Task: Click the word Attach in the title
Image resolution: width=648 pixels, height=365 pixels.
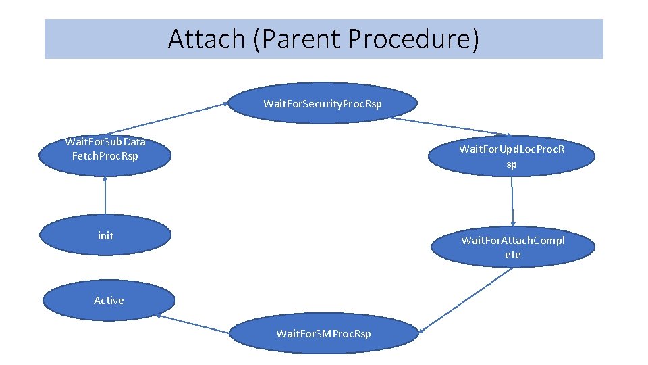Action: [x=206, y=39]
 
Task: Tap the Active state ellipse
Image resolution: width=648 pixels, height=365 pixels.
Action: [x=109, y=301]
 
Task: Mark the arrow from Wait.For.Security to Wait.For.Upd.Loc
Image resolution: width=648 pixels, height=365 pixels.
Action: [x=451, y=126]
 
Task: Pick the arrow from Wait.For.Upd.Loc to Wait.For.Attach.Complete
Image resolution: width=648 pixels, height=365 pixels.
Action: [x=513, y=201]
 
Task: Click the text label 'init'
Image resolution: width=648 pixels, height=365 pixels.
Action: [x=105, y=236]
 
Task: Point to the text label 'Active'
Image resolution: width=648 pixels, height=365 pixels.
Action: [x=109, y=301]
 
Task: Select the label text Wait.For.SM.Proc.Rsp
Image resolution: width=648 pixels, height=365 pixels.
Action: [x=323, y=334]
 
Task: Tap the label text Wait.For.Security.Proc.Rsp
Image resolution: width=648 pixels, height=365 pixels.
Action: [x=322, y=103]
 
